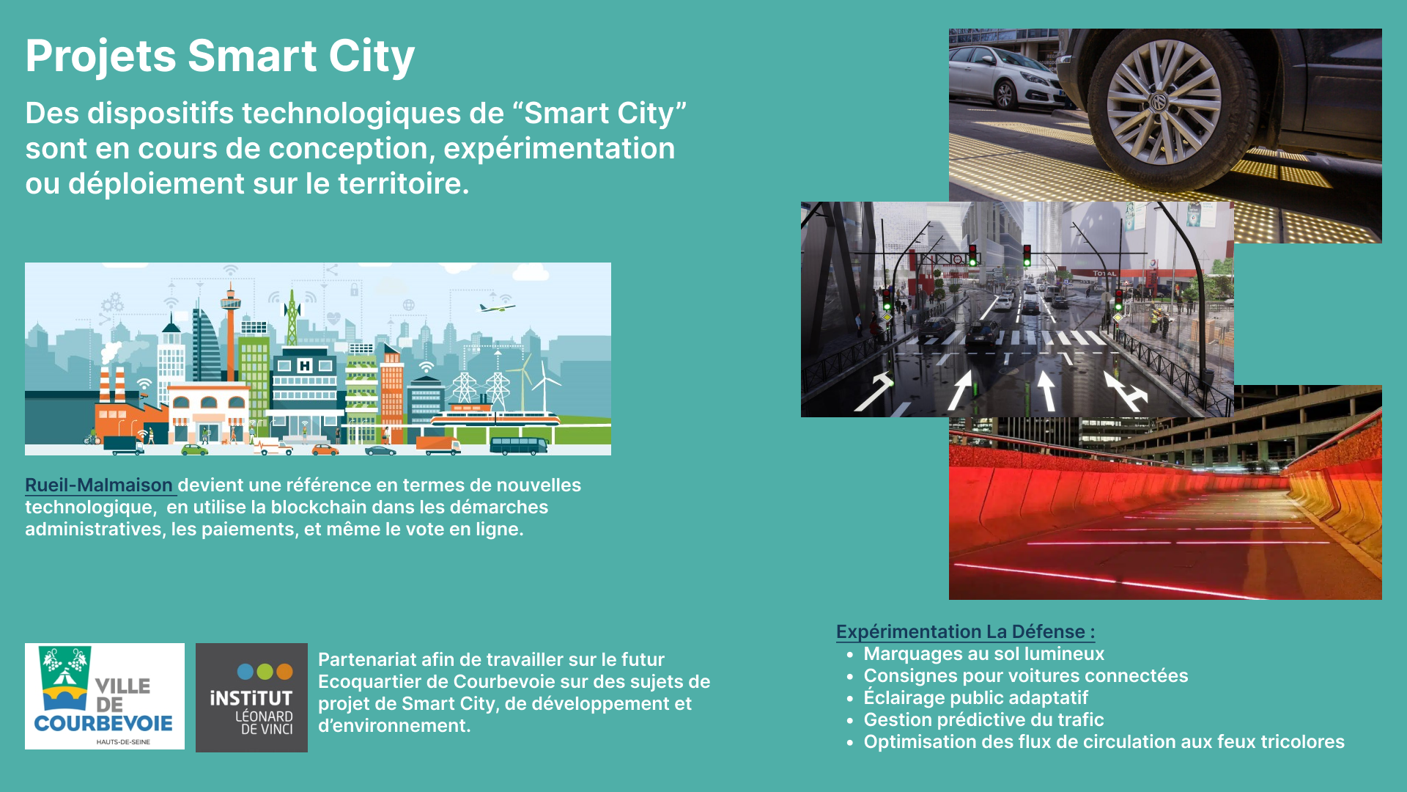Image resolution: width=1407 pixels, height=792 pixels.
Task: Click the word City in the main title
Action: pos(372,56)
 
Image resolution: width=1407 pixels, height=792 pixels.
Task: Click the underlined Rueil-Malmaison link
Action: pos(99,485)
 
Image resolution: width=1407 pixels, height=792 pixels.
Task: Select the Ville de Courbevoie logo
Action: pos(105,696)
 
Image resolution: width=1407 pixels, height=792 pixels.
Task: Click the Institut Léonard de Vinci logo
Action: pos(251,697)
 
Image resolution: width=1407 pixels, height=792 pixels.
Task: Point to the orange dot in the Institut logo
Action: pos(284,671)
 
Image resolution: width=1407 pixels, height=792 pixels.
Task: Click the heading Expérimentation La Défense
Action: pos(966,632)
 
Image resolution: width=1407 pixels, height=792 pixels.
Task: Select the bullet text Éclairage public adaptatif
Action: pos(976,698)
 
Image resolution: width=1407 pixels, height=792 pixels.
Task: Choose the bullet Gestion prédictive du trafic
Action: pos(984,720)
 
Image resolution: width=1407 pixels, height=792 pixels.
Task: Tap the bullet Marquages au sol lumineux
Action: pos(984,654)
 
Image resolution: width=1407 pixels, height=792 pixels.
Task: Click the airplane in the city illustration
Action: pos(497,307)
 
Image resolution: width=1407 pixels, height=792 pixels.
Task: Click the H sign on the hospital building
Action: pos(305,365)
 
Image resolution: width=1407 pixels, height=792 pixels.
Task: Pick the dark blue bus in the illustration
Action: pos(519,445)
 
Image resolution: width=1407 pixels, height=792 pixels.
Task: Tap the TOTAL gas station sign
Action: pos(1104,274)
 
